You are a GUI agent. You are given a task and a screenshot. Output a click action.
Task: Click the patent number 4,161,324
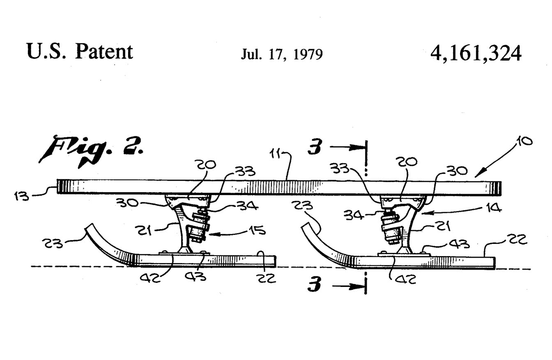(476, 53)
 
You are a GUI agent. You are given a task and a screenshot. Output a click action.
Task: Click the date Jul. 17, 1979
(282, 54)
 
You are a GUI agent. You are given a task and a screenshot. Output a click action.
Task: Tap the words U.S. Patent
(80, 51)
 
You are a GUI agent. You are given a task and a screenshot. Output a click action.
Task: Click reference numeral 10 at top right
(523, 142)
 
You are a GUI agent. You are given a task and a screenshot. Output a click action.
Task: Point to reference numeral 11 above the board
(276, 154)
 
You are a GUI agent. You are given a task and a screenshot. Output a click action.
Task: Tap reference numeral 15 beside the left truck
(257, 230)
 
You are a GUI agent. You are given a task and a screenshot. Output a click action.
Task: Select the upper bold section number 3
(315, 147)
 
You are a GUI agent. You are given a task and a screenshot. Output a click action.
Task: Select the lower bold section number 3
(314, 284)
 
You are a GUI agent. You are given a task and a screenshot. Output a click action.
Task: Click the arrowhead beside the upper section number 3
(357, 147)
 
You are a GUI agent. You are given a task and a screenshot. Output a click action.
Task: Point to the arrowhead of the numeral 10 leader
(480, 173)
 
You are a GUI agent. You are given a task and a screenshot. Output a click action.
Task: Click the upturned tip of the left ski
(89, 226)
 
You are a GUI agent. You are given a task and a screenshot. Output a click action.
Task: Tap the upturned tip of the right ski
(306, 225)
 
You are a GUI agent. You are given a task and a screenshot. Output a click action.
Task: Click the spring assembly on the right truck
(390, 229)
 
